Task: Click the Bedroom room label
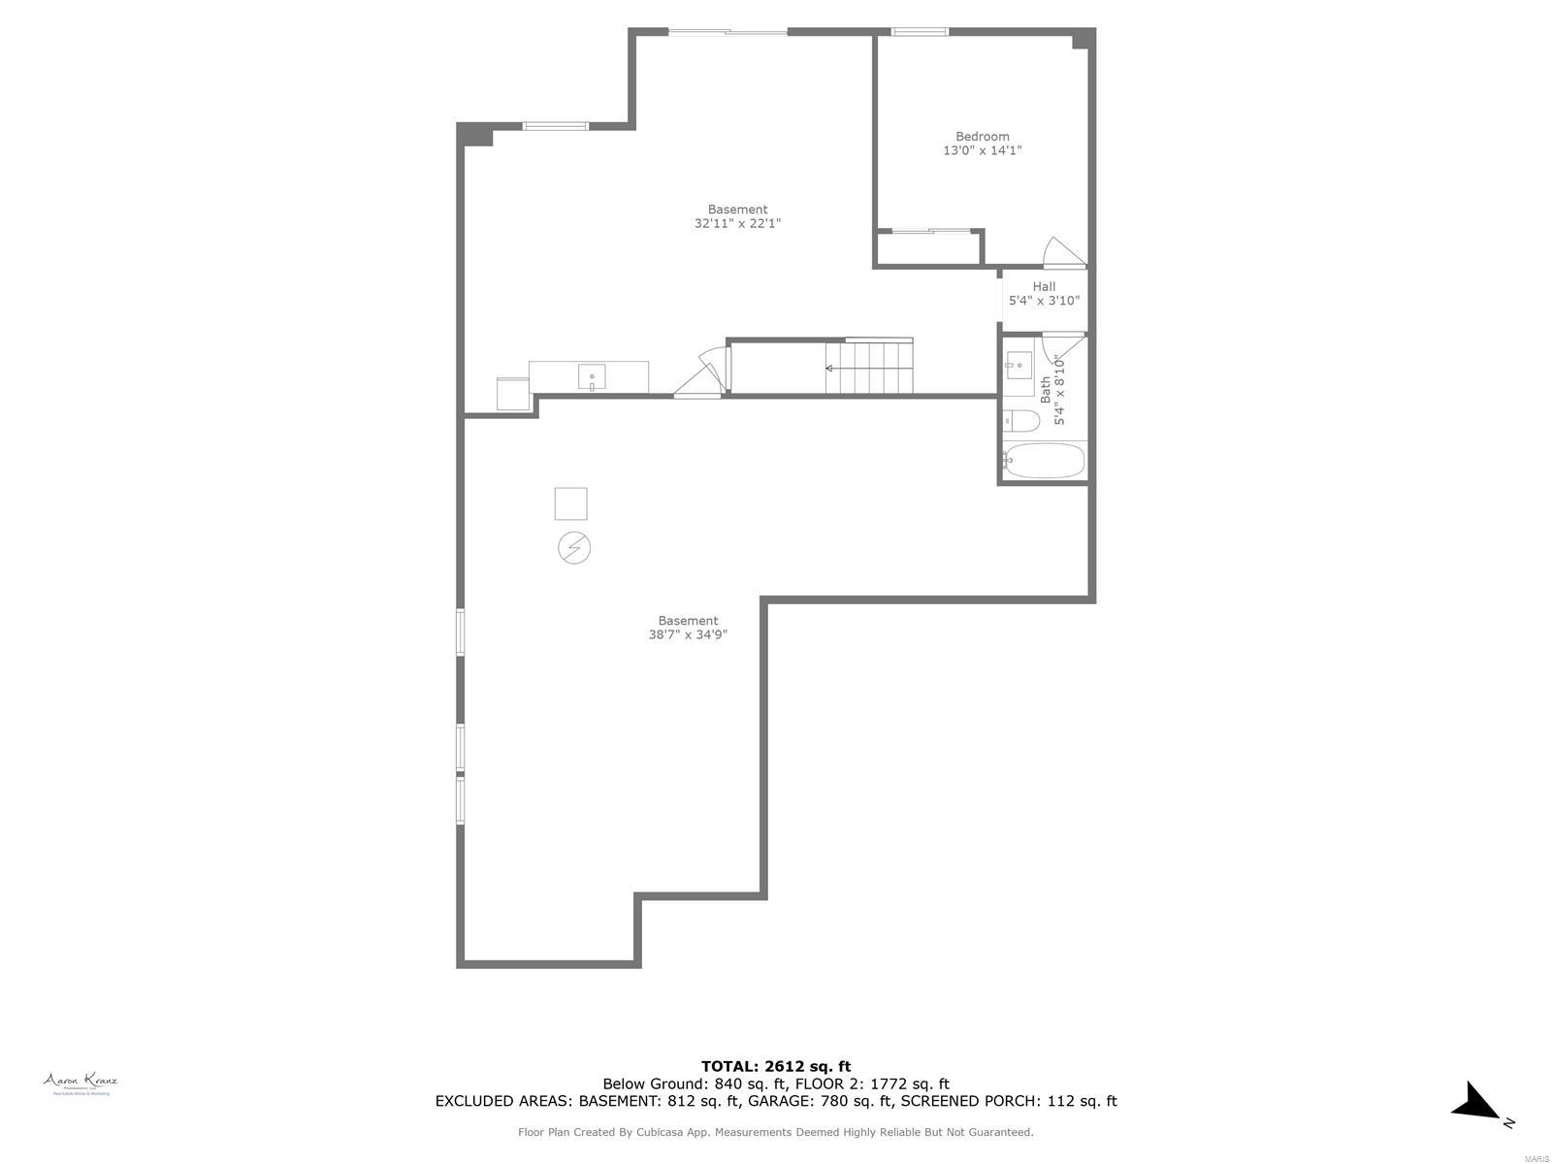point(982,137)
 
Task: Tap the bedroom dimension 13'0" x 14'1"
point(982,151)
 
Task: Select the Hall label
point(1044,286)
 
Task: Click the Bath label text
point(1046,390)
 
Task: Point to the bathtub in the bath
point(1044,461)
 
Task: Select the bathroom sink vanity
point(1019,372)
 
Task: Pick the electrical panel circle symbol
point(574,548)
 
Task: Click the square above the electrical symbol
point(570,503)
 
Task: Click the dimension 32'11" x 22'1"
point(737,223)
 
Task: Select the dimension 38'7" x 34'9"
point(688,635)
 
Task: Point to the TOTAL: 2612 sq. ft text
point(776,1066)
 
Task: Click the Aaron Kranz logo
point(80,1083)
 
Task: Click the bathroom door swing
point(1063,344)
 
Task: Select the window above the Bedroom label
point(920,32)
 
